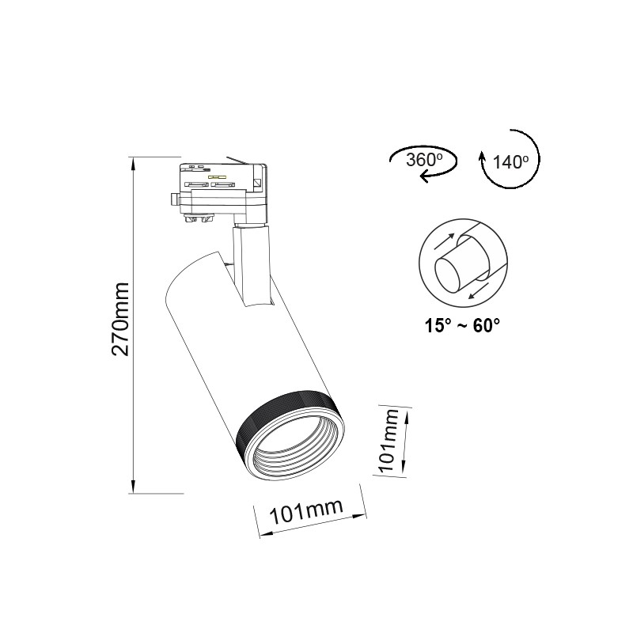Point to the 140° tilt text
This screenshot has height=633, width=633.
pos(510,162)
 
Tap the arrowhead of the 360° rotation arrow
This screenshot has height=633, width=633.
pos(425,177)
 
